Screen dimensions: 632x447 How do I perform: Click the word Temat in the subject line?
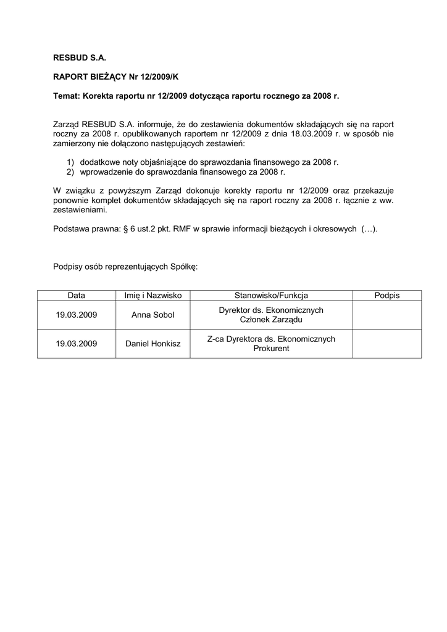pos(67,96)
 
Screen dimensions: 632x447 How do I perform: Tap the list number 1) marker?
pos(71,162)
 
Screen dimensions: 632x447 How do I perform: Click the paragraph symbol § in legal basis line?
pos(126,229)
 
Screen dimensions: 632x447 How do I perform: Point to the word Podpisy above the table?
pos(69,267)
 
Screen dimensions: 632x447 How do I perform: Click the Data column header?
pos(77,296)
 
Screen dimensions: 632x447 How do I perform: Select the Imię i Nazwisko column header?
pos(153,296)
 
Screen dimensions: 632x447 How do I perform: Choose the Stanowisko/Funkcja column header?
pos(271,296)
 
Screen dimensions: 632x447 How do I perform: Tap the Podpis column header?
pos(387,296)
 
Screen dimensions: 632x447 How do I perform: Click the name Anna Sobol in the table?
pos(153,315)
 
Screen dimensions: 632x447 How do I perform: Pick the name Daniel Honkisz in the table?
pos(153,343)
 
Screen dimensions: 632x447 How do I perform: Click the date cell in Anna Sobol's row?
pos(77,315)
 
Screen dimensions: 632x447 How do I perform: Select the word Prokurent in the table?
pos(271,348)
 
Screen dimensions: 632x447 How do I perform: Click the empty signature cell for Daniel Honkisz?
pos(387,343)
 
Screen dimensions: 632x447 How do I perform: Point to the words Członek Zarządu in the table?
pos(271,320)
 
